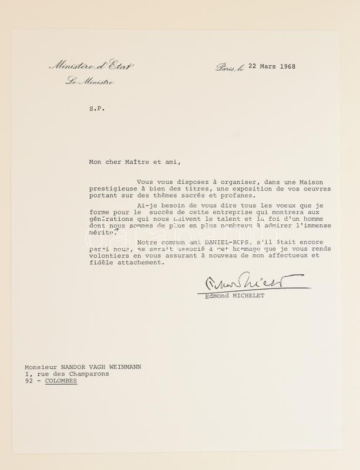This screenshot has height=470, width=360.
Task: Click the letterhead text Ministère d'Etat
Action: tap(91, 66)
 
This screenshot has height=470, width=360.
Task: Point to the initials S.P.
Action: tap(96, 108)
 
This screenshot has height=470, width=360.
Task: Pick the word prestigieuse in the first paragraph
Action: tap(114, 189)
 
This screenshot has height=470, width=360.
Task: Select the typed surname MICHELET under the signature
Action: tap(248, 296)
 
